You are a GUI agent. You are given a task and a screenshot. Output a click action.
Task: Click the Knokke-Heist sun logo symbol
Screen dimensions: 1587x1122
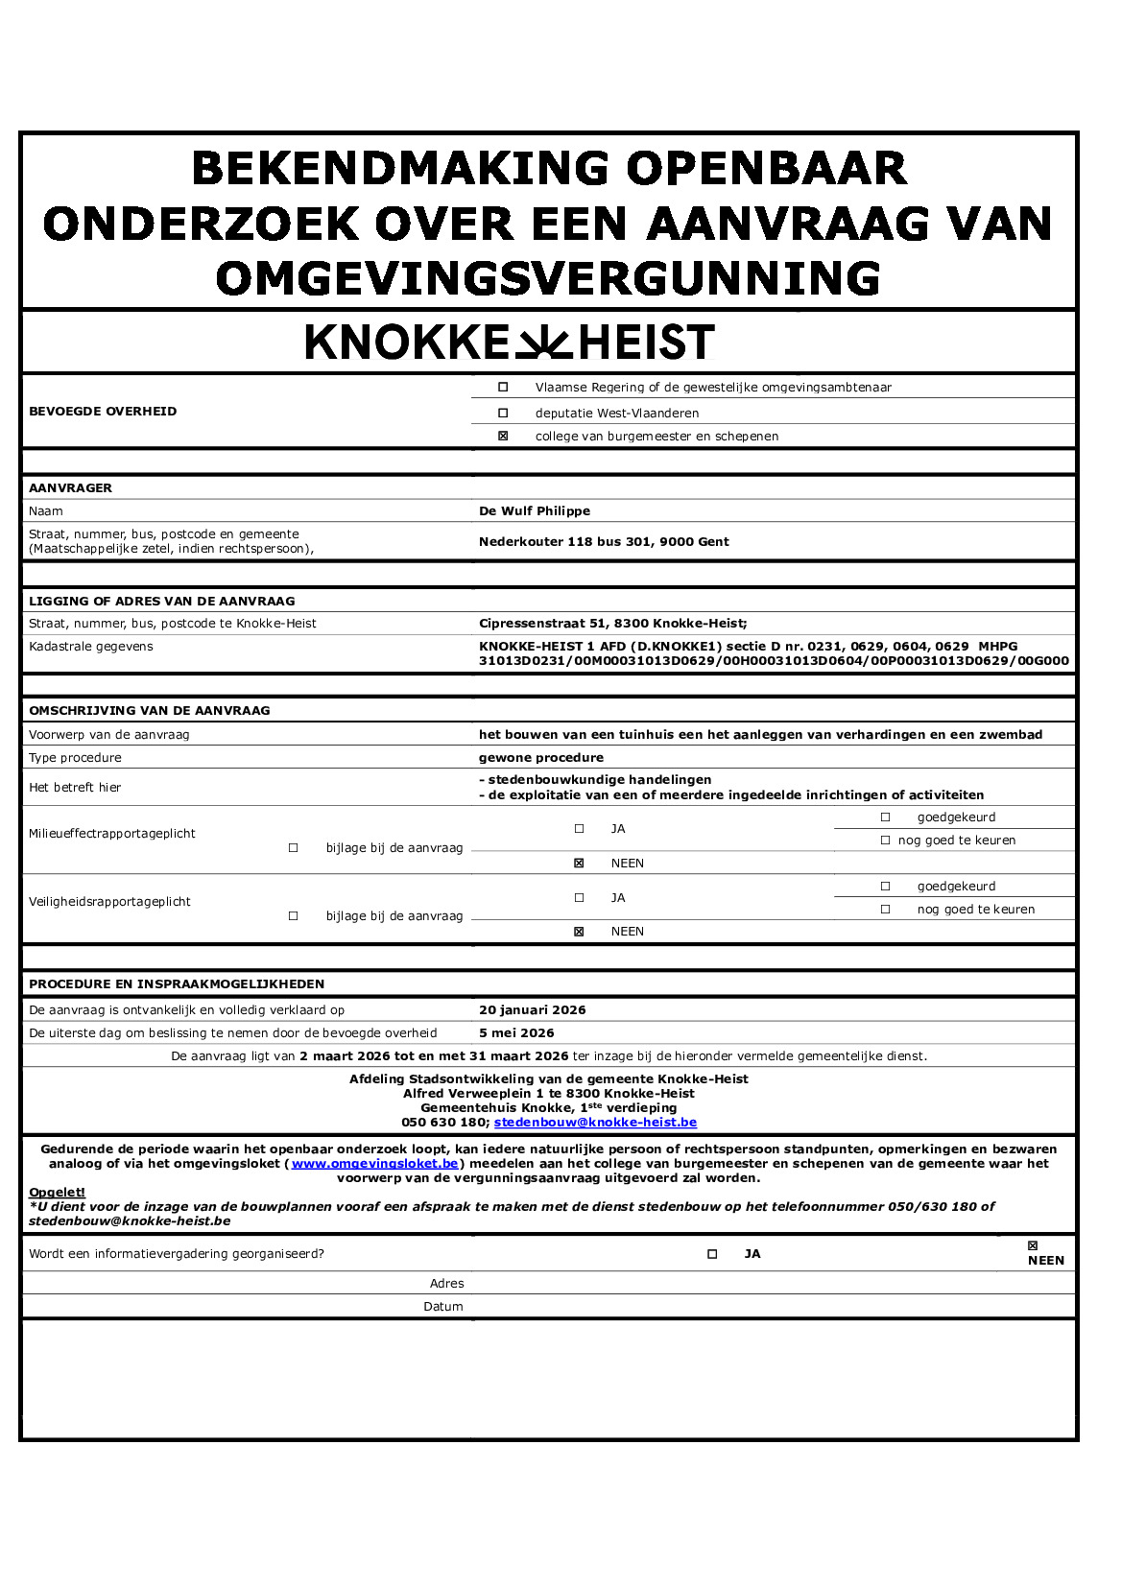(543, 343)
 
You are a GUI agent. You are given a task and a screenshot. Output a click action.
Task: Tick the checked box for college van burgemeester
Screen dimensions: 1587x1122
(503, 436)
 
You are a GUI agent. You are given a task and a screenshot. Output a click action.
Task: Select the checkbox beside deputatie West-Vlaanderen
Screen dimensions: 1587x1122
(503, 413)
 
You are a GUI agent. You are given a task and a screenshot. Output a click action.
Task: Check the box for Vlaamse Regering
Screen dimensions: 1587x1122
(503, 388)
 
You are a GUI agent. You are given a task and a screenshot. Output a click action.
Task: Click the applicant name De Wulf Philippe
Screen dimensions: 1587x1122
(535, 511)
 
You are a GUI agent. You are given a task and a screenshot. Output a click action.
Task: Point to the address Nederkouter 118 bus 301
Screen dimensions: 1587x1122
(604, 542)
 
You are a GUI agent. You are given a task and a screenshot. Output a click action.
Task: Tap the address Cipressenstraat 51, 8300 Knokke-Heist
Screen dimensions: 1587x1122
(612, 624)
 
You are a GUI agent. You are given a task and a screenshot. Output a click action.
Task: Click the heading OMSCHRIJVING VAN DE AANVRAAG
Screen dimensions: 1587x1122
(150, 711)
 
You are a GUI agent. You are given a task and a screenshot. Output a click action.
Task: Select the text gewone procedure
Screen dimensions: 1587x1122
(541, 758)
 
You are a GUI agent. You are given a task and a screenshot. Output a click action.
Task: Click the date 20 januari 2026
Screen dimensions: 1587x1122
(532, 1010)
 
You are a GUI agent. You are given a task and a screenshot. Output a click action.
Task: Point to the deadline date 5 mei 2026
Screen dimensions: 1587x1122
(516, 1033)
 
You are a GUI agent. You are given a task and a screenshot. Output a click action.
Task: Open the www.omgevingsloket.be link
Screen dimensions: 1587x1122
(375, 1164)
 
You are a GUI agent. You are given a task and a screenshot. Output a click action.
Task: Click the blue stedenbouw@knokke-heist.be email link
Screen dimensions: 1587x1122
(595, 1123)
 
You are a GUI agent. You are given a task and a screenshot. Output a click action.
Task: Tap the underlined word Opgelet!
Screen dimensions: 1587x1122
(57, 1193)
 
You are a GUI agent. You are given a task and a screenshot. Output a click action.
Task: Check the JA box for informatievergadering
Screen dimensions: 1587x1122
(712, 1254)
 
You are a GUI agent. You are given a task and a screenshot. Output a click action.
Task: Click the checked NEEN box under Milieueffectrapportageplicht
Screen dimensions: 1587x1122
(579, 864)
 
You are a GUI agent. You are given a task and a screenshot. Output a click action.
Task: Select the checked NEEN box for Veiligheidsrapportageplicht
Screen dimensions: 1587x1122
(579, 932)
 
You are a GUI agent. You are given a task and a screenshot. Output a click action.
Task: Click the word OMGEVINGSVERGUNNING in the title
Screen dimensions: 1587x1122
(548, 279)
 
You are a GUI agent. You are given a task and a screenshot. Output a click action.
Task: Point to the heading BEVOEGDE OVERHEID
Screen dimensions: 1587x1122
(103, 412)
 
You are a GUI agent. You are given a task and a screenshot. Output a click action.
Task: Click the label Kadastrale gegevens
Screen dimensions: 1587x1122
(91, 647)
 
